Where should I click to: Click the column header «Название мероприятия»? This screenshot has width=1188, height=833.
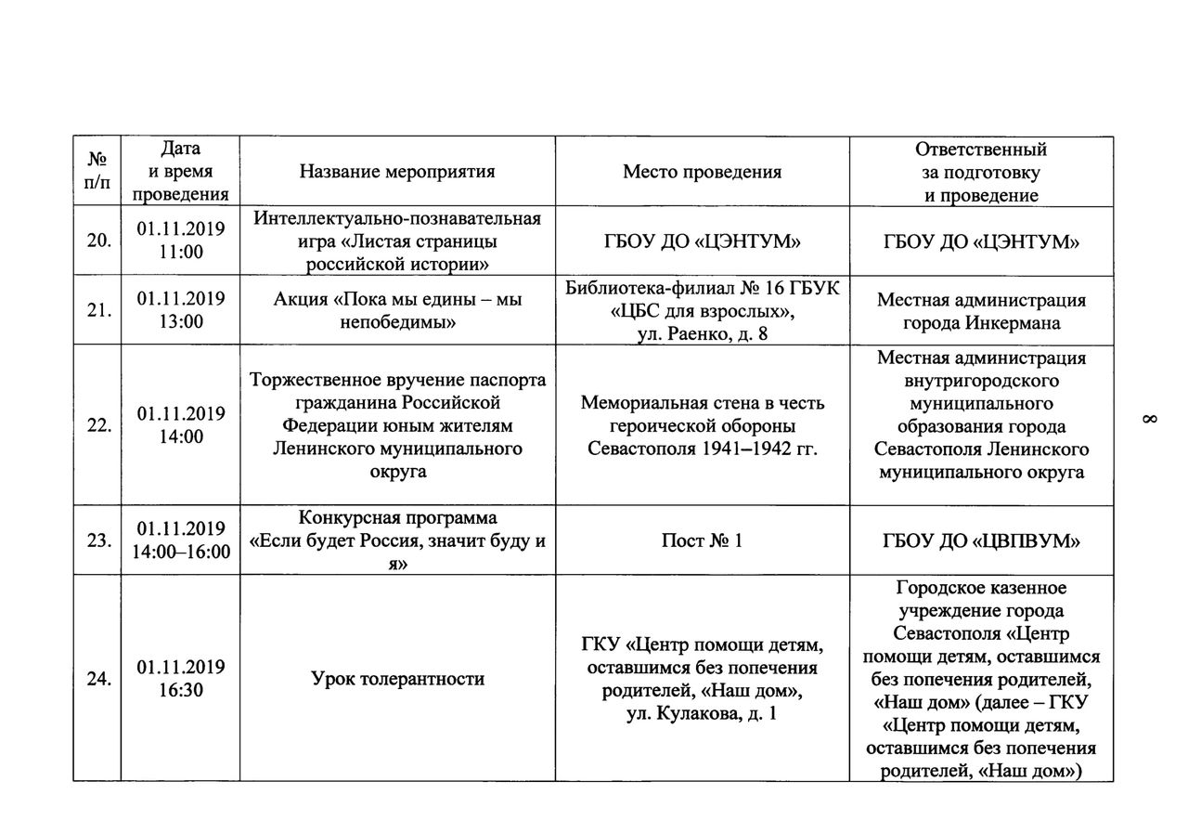pos(397,172)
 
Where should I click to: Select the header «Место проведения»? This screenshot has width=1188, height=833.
pos(702,172)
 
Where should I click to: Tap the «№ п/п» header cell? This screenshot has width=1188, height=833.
pos(97,172)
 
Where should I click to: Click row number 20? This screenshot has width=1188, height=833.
pos(98,241)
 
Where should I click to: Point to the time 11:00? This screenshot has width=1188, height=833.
pos(181,253)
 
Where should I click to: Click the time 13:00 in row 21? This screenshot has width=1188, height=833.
pos(181,322)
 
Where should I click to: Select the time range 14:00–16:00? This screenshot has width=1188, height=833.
pos(181,553)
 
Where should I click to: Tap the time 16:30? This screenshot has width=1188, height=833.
pos(181,691)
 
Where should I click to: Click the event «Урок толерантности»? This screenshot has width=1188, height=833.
pos(397,679)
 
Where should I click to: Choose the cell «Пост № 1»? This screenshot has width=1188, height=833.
pos(702,540)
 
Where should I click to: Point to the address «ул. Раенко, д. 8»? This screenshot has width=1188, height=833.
pos(702,334)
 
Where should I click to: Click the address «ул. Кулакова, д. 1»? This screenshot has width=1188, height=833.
pos(702,714)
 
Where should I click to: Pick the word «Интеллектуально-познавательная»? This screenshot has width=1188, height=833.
pos(397,218)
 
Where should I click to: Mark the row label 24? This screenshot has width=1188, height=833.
pos(98,680)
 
